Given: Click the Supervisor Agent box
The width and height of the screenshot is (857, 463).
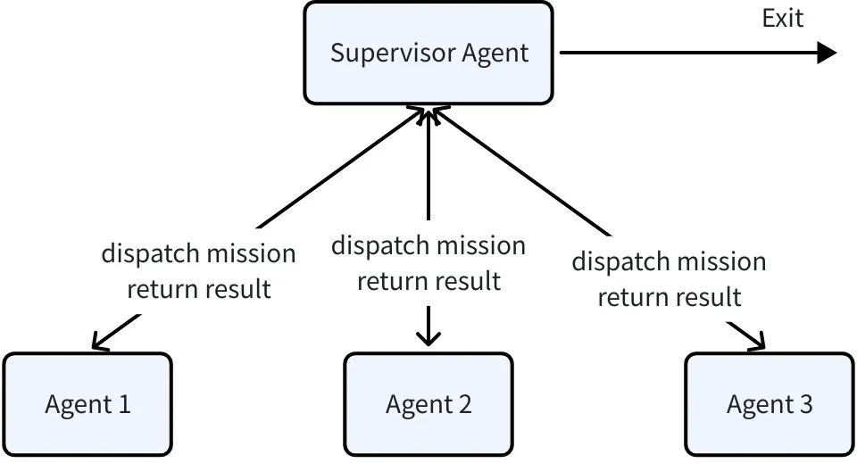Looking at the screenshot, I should point(428,53).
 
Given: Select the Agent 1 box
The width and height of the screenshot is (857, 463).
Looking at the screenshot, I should point(87,404).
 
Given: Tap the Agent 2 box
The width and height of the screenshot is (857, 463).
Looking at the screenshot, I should point(428,404).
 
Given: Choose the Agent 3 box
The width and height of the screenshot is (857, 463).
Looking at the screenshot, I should point(770,404).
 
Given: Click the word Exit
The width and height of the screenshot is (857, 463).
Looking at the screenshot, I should point(782,18).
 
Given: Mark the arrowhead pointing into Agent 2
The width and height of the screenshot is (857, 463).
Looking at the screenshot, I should point(428,340).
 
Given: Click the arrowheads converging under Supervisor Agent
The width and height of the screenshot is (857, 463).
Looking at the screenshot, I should point(429,112).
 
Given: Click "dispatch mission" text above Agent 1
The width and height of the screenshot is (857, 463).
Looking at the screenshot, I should point(198,253).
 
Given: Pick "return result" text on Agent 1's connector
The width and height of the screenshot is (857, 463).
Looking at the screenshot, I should point(198,289).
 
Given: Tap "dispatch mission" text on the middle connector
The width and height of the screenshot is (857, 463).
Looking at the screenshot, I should point(428,245).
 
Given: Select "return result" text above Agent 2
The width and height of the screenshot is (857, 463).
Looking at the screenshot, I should point(428,281).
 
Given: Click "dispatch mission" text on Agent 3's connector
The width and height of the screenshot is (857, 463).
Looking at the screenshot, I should point(669,261).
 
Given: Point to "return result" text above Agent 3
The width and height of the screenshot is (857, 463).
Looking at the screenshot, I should point(669,297).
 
